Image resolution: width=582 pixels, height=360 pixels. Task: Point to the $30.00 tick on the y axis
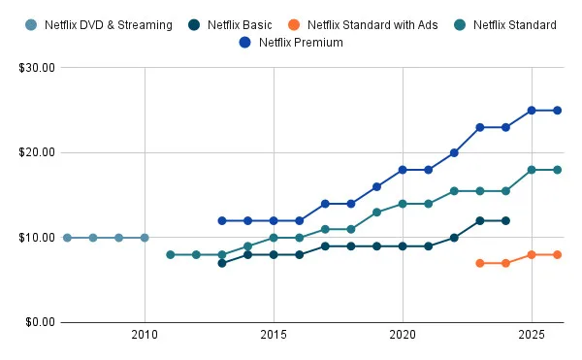[36, 68]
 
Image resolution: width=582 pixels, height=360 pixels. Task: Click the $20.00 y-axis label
[36, 152]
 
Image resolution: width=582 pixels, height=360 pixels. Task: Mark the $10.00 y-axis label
[36, 238]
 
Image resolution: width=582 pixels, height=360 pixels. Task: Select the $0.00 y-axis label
[39, 322]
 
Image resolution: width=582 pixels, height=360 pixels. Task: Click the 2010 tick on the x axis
[145, 335]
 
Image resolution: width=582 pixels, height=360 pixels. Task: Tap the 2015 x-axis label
[274, 335]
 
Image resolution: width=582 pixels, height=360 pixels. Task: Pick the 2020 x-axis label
[403, 335]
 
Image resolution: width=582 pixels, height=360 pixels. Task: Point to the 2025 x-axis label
[532, 335]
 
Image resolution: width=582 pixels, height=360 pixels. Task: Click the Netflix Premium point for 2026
[557, 111]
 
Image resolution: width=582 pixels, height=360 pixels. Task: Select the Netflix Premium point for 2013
[222, 220]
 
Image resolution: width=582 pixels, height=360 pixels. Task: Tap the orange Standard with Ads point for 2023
[480, 263]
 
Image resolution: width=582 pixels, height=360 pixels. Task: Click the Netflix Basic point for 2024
[505, 220]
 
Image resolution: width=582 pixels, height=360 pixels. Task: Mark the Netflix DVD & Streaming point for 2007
[67, 238]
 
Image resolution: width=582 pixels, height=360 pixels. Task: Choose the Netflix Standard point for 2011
[171, 254]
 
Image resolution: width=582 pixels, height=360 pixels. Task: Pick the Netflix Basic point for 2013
[222, 263]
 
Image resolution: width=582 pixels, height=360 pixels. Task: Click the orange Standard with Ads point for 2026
[557, 254]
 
